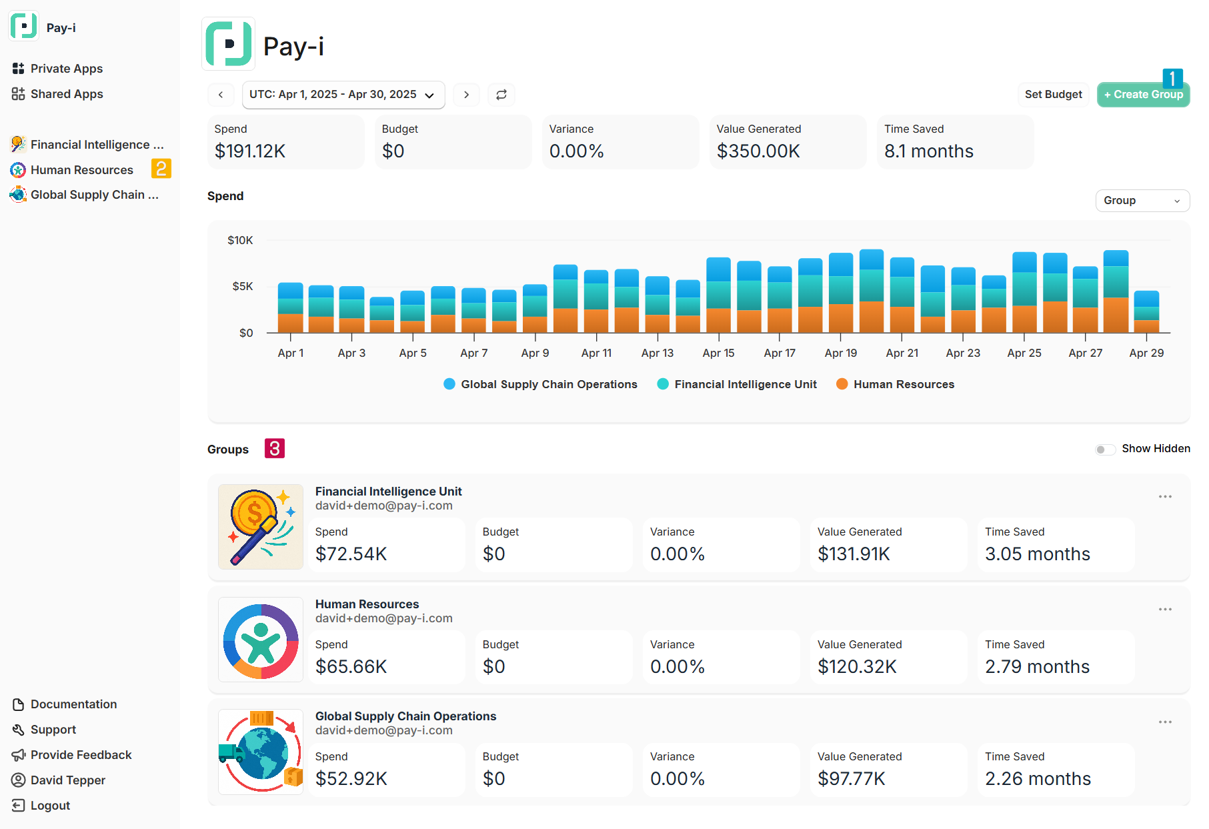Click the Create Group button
[1143, 95]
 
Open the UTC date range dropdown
[343, 95]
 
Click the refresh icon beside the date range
[501, 95]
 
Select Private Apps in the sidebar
[66, 69]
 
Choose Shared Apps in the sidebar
[66, 94]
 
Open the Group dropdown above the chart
[1142, 201]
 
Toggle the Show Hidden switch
[1104, 450]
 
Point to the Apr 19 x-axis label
[840, 353]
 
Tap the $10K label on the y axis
[240, 240]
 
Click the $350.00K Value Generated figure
[758, 151]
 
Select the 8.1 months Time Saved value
[928, 151]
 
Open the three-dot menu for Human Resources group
[1165, 610]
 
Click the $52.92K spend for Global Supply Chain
[351, 778]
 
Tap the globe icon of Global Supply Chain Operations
[261, 752]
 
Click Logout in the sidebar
[50, 806]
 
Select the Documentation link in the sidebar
[73, 704]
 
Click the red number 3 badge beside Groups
[275, 448]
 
